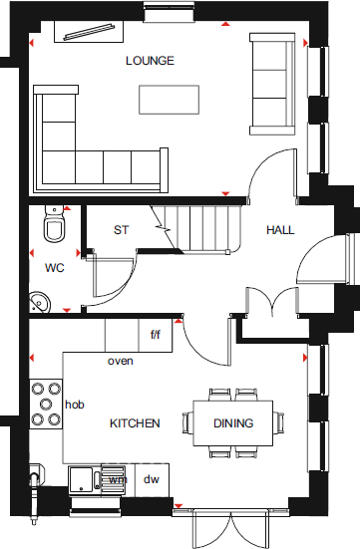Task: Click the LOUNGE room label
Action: click(150, 61)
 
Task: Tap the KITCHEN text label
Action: click(134, 423)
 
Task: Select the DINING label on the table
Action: click(233, 423)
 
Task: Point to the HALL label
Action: click(280, 230)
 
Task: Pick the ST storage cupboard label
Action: click(122, 230)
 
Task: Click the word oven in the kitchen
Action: click(121, 361)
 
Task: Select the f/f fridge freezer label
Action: click(156, 335)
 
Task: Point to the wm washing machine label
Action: click(118, 480)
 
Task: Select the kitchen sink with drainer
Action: click(95, 477)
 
